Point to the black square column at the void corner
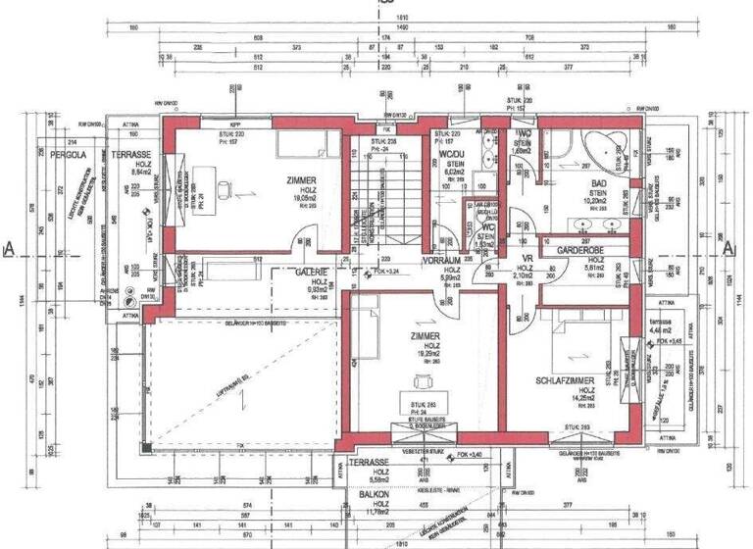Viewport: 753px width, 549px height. [x=145, y=449]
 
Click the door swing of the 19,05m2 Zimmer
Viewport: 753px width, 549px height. [x=306, y=238]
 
